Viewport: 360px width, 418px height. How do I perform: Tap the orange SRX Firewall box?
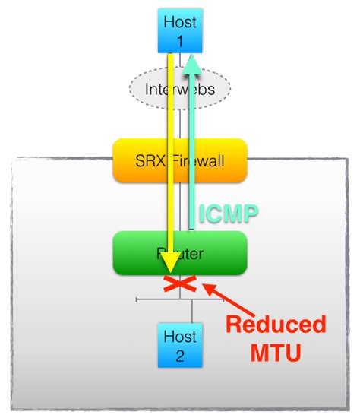click(180, 161)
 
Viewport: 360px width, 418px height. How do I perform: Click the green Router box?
click(180, 253)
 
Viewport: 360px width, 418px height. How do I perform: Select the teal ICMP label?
click(226, 214)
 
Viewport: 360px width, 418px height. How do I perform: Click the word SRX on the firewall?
click(148, 161)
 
